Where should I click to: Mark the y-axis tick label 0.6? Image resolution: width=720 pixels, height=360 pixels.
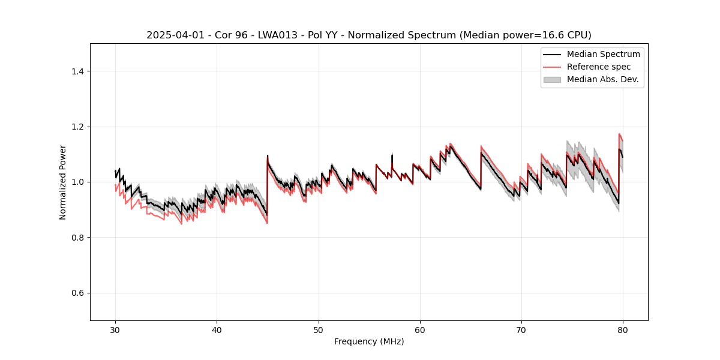click(77, 293)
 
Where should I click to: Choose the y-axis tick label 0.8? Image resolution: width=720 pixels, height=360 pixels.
click(77, 238)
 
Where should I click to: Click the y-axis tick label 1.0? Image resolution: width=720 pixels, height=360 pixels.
click(77, 182)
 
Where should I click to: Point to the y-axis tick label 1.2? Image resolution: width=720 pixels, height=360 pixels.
click(77, 127)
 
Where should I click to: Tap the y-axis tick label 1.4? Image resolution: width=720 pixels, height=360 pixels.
click(77, 71)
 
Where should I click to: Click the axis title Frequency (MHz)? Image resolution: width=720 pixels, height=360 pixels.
click(369, 341)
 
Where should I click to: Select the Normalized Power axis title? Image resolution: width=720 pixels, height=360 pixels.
click(63, 182)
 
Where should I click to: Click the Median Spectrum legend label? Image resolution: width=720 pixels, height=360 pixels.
click(603, 55)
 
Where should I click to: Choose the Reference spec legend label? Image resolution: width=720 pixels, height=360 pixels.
click(599, 67)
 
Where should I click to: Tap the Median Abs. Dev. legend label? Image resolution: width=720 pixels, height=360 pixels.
click(602, 79)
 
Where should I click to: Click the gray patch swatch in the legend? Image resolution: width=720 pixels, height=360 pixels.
click(552, 79)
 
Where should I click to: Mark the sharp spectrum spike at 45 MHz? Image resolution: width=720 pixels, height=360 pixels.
click(268, 156)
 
